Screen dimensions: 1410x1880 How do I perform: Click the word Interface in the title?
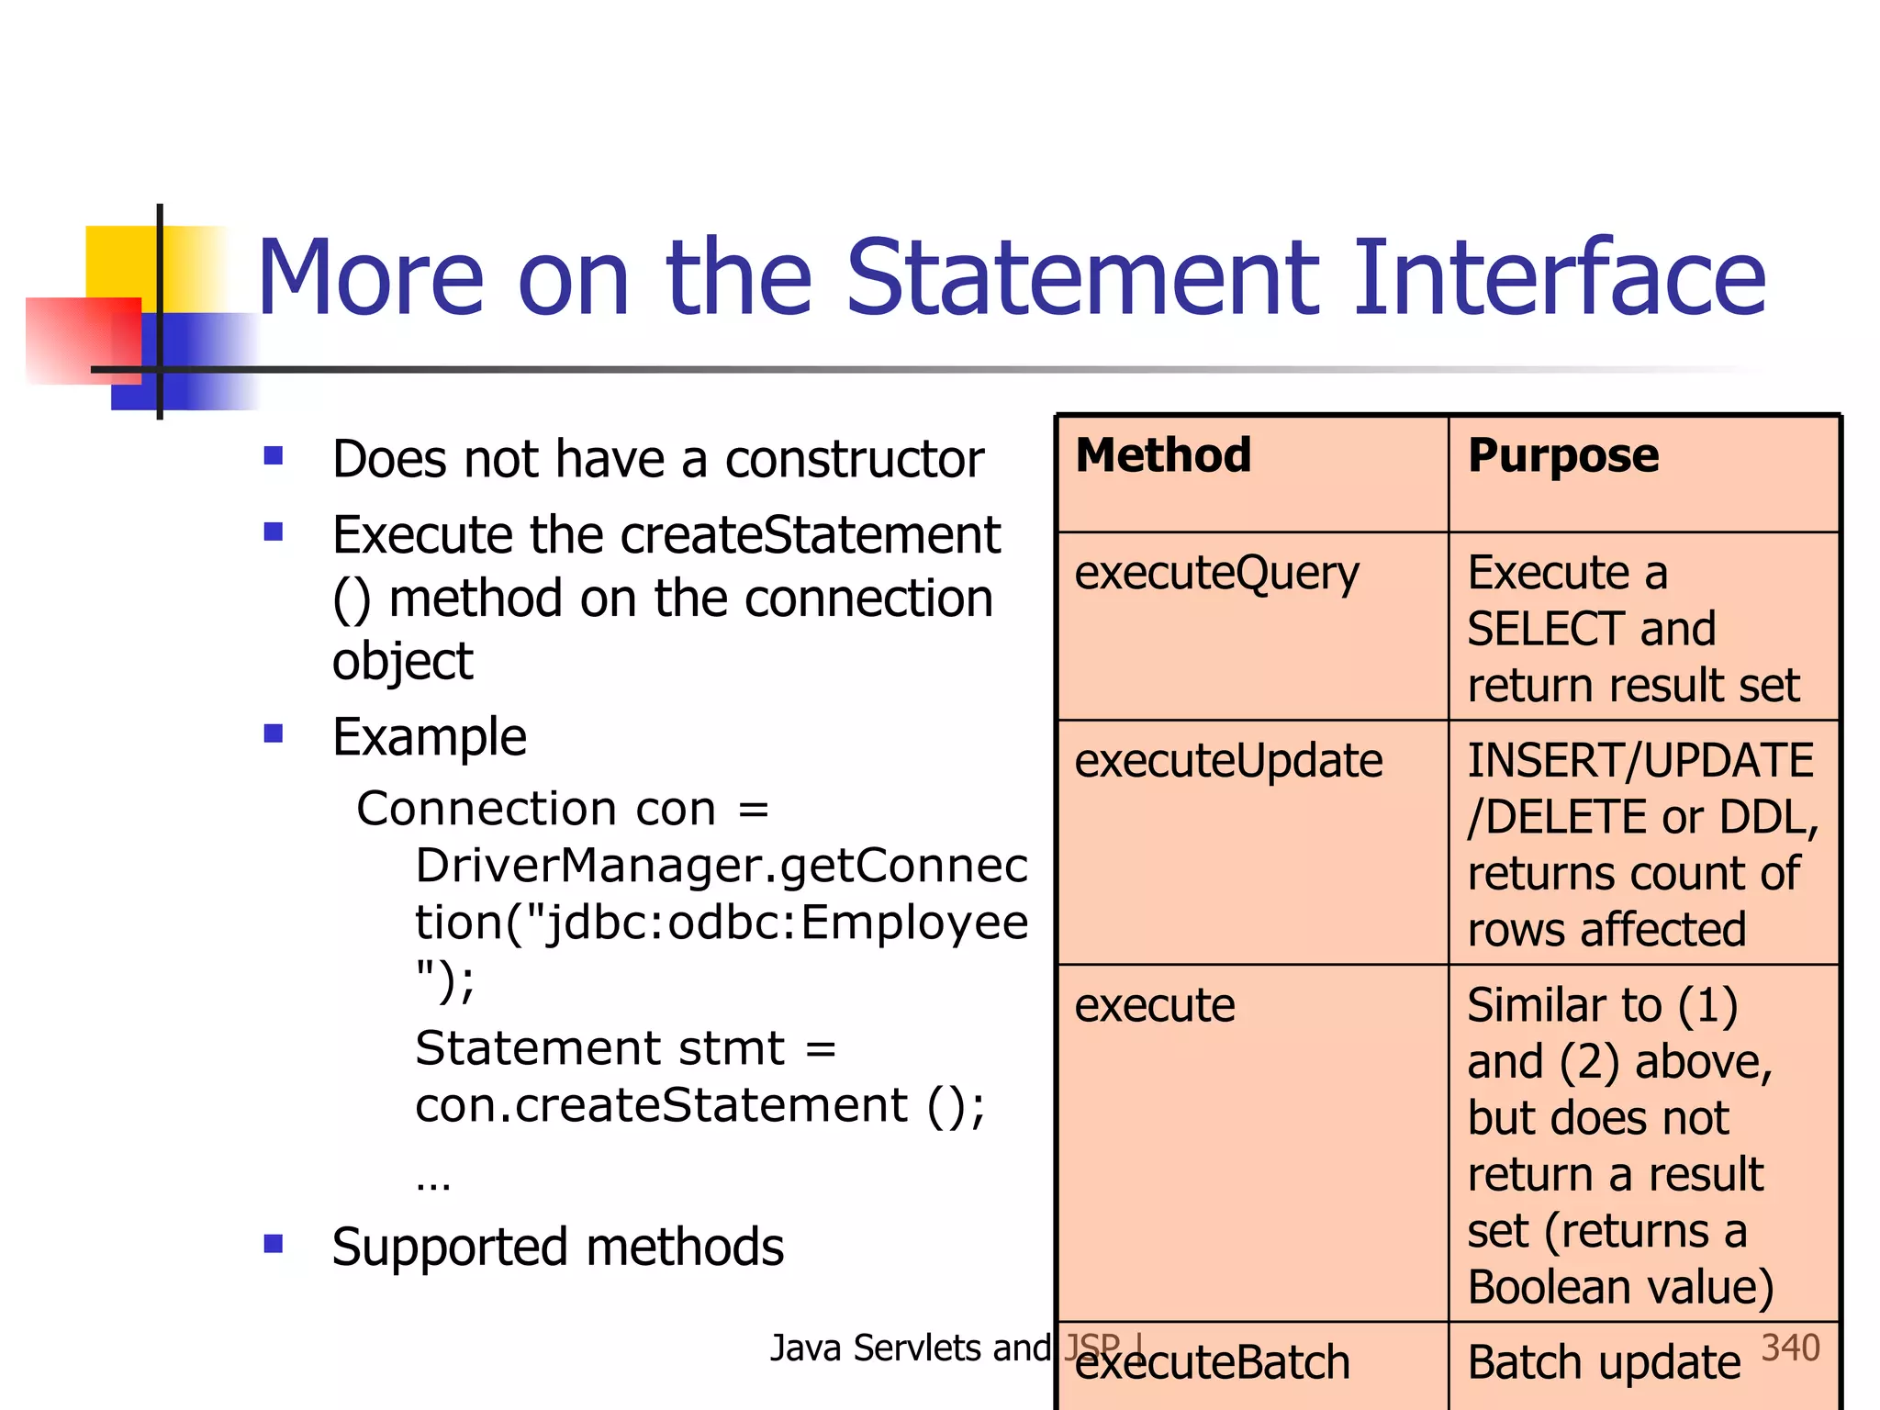(1559, 277)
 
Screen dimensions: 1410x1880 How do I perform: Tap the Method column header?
(1163, 455)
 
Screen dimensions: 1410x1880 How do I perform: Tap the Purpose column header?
(1562, 455)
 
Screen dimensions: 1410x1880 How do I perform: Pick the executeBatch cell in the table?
(1212, 1363)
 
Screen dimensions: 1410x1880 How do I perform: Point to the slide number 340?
(1790, 1348)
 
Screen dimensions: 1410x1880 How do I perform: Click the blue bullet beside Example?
(273, 733)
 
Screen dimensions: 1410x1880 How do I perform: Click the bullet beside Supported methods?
(273, 1244)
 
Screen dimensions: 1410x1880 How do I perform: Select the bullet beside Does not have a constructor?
(273, 455)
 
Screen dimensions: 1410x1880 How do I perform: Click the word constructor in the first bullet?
(854, 460)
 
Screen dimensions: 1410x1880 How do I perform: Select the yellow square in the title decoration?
(119, 260)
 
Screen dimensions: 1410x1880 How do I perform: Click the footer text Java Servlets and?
(909, 1348)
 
